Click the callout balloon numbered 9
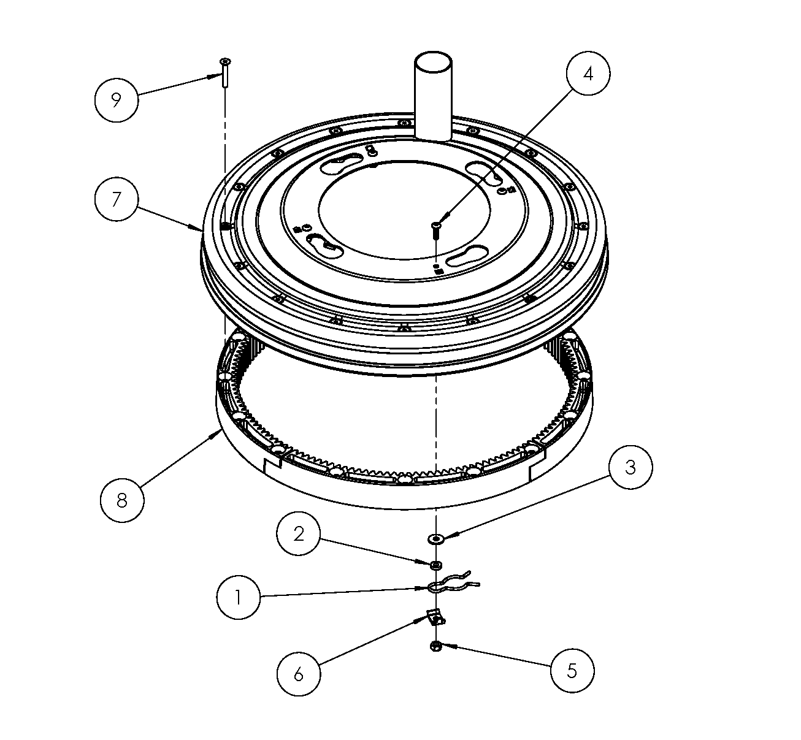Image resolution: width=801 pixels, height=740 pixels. click(x=117, y=100)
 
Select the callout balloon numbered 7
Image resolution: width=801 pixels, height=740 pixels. click(x=117, y=199)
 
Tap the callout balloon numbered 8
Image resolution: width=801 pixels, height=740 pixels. click(x=122, y=500)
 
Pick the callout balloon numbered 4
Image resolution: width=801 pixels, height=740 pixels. click(x=588, y=73)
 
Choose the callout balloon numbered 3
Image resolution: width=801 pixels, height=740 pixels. click(x=630, y=467)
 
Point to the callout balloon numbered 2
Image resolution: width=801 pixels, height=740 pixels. click(x=298, y=533)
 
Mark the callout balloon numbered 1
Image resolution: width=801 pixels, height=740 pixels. click(x=239, y=597)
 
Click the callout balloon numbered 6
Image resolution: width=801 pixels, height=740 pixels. click(x=299, y=673)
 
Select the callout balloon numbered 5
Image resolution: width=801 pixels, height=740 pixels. click(x=572, y=671)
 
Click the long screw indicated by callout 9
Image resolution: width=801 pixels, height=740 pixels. click(x=225, y=72)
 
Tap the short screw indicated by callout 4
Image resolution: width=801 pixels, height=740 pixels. click(x=436, y=231)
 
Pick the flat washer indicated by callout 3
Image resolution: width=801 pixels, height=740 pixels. click(x=436, y=538)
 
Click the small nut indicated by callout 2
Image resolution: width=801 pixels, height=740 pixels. click(x=435, y=565)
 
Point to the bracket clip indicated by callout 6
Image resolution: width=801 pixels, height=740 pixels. click(x=435, y=617)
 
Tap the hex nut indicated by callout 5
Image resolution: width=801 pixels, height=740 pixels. click(x=435, y=646)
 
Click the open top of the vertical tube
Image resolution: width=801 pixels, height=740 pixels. click(x=433, y=62)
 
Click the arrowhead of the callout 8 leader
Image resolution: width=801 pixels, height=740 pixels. click(x=218, y=433)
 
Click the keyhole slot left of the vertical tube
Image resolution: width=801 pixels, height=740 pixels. click(x=341, y=164)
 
